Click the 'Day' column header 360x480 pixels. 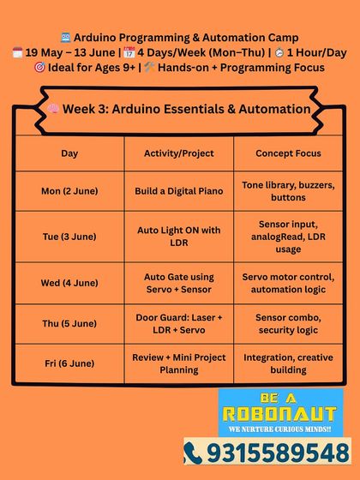click(x=69, y=153)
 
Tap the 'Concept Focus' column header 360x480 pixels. click(x=288, y=153)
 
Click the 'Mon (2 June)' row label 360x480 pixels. click(x=69, y=191)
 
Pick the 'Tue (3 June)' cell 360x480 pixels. click(x=69, y=237)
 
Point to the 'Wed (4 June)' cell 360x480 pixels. click(x=69, y=283)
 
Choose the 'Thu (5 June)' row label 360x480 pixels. click(x=69, y=323)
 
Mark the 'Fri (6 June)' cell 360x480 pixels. click(x=69, y=363)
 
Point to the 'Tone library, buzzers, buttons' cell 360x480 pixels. click(x=288, y=191)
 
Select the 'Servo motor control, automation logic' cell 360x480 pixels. click(x=288, y=283)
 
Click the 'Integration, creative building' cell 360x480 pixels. click(x=288, y=363)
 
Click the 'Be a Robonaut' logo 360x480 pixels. click(x=279, y=413)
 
